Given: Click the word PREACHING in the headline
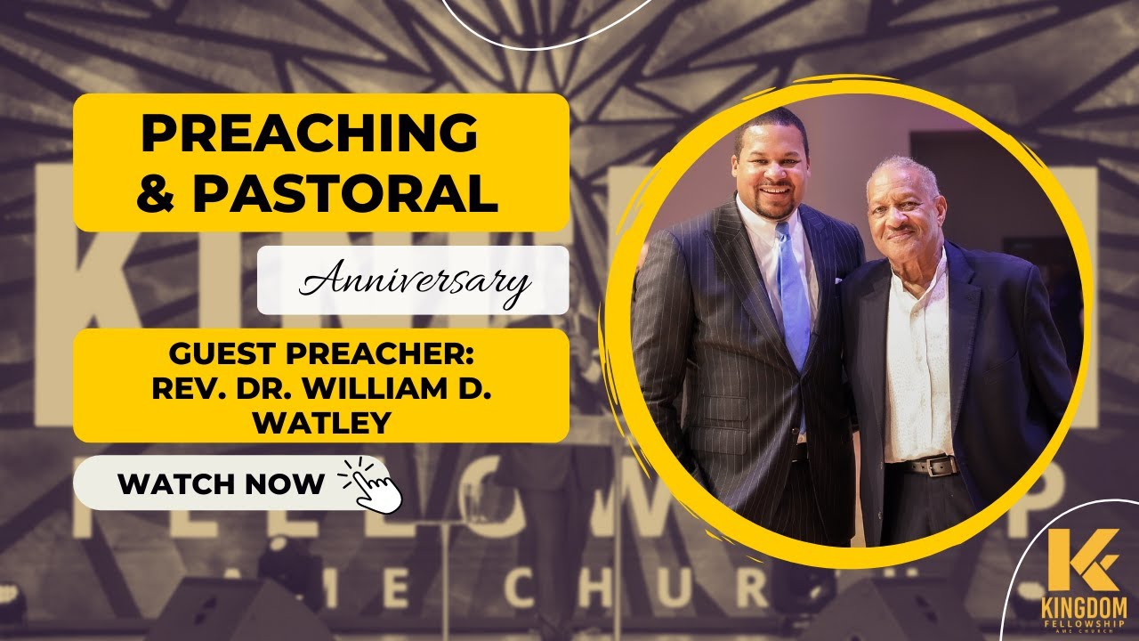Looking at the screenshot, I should [309, 134].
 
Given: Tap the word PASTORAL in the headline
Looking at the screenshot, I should [345, 195].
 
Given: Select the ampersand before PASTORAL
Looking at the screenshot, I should [157, 195].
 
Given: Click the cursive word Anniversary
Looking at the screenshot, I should [415, 283].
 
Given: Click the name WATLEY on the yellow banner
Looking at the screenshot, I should [321, 422].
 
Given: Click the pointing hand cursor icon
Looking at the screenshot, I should [374, 484].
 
